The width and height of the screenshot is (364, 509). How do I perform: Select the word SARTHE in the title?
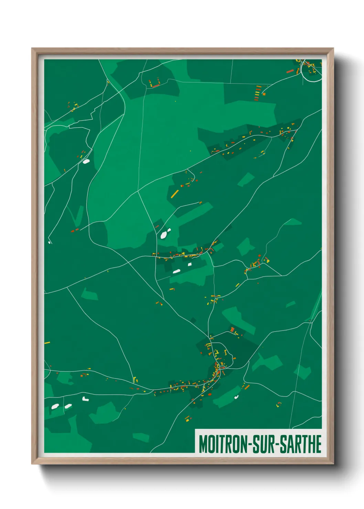click(x=300, y=444)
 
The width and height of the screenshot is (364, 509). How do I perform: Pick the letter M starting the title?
click(x=202, y=444)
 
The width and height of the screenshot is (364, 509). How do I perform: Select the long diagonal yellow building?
click(x=175, y=194)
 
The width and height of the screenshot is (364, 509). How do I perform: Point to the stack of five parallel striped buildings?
click(x=258, y=93)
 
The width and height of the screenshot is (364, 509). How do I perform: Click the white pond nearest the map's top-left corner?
click(x=86, y=161)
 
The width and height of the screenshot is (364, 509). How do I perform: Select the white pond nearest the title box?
click(x=236, y=397)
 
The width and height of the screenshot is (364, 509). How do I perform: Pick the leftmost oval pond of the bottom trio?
click(x=55, y=407)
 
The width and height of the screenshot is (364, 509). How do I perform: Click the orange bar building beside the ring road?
click(x=290, y=72)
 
